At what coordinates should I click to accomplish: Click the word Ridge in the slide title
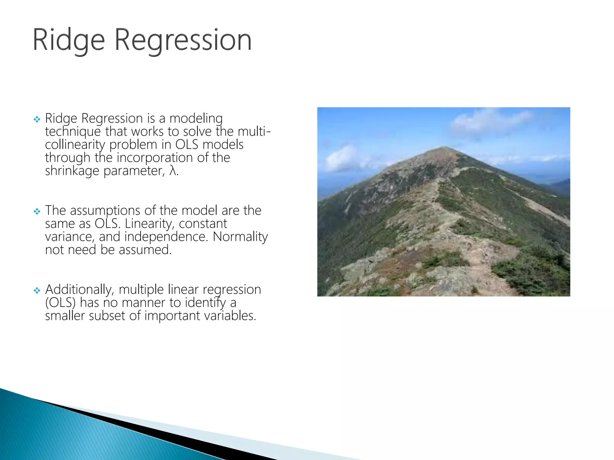pos(69,40)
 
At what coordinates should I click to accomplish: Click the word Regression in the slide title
pos(183,40)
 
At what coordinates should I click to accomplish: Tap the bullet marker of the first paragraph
pos(37,119)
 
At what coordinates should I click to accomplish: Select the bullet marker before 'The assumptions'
pos(37,212)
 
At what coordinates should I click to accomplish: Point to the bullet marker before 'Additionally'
pos(37,290)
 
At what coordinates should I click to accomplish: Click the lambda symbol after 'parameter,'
pos(172,171)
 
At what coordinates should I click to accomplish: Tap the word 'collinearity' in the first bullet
pos(75,145)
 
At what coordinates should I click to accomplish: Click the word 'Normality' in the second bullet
pos(240,237)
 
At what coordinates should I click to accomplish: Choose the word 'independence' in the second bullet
pos(165,237)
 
